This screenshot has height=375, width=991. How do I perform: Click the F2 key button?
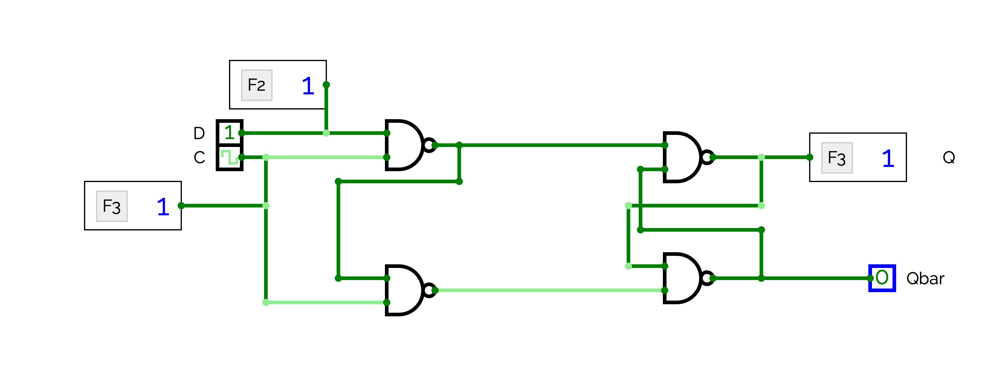click(257, 85)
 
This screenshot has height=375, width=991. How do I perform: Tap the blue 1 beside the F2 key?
click(308, 86)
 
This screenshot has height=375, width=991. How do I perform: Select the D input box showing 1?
click(230, 133)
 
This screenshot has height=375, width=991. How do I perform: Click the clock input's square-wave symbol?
click(230, 157)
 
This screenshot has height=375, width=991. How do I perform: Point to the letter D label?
click(199, 133)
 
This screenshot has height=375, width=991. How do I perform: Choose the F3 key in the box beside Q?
click(837, 158)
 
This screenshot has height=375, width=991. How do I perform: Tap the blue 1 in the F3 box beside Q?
click(888, 158)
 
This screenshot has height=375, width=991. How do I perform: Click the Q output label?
click(949, 157)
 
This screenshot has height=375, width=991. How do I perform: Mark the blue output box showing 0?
click(882, 278)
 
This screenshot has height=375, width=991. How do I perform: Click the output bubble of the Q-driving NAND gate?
click(707, 157)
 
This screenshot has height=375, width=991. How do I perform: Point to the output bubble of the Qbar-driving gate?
click(707, 278)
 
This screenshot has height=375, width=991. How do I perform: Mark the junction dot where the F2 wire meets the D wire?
click(326, 133)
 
